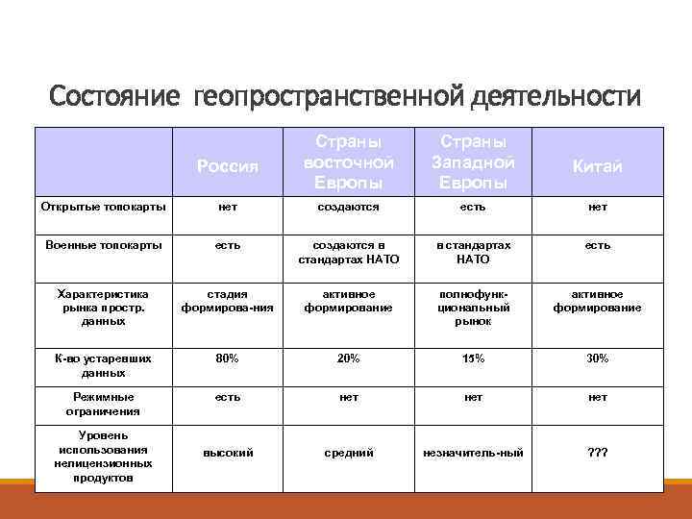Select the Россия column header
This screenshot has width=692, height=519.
point(227,166)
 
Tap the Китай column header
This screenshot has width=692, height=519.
point(597,166)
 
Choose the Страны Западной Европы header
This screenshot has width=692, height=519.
point(472,160)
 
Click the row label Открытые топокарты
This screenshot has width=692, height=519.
point(104,207)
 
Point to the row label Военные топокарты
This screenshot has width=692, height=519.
point(104,245)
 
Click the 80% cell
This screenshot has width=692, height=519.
point(227,358)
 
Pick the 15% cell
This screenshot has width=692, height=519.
point(472,358)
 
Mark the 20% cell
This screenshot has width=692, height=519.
point(348,358)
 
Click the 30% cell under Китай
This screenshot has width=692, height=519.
point(597,358)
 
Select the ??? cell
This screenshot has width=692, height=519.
point(597,453)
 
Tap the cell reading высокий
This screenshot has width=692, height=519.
point(227,453)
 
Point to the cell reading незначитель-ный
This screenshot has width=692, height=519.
point(472,453)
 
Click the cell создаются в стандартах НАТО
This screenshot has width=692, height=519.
point(348,252)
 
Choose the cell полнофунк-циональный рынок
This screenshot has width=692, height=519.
point(472,308)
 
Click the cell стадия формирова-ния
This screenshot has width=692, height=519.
point(227,301)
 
